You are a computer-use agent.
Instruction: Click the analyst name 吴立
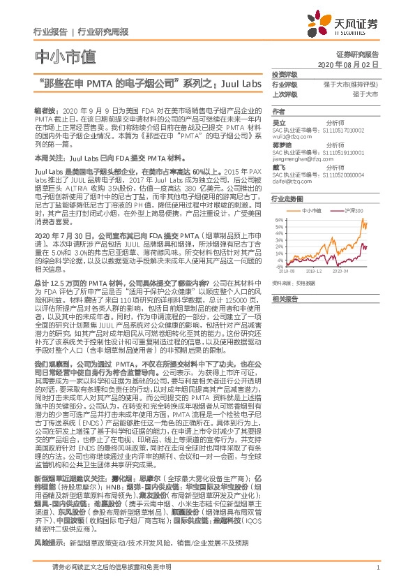pyautogui.click(x=278, y=121)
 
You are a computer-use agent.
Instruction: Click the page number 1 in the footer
pyautogui.click(x=377, y=575)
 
